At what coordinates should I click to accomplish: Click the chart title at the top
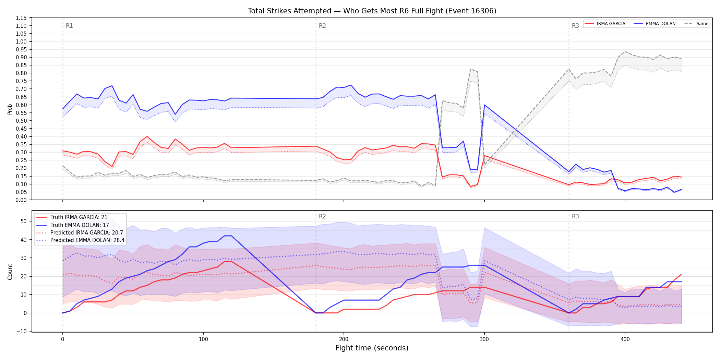point(372,11)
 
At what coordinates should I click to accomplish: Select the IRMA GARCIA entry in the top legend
point(605,24)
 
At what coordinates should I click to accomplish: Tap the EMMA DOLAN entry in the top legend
point(655,24)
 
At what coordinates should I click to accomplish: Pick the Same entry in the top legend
point(696,24)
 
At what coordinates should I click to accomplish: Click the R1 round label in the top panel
point(69,26)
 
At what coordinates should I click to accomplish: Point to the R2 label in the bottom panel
point(322,216)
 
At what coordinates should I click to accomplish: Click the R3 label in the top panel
point(575,26)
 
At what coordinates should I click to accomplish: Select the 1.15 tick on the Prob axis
point(21,18)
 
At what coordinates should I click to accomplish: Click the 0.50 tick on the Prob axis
point(21,121)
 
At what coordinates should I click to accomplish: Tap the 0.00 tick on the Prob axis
point(21,200)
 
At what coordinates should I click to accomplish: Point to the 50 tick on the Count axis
point(24,221)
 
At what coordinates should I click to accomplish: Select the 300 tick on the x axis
point(484,339)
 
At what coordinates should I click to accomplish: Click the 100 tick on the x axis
point(203,339)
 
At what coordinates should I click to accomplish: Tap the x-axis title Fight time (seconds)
point(372,348)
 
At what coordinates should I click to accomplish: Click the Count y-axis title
point(10,272)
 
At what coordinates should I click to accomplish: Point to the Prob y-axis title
point(10,109)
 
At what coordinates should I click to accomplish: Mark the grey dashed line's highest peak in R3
point(625,51)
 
